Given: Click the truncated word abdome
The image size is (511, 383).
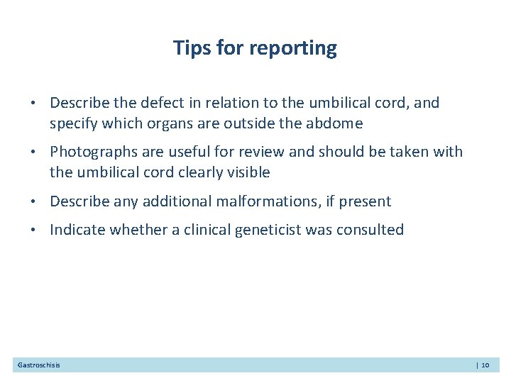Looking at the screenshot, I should coord(334,124).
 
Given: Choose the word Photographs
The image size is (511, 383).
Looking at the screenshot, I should coord(92,152).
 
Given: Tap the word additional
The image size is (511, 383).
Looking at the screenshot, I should coord(175,202).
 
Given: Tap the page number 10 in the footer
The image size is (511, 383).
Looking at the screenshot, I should coord(485,365).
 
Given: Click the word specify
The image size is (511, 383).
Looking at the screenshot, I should coord(74,124).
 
